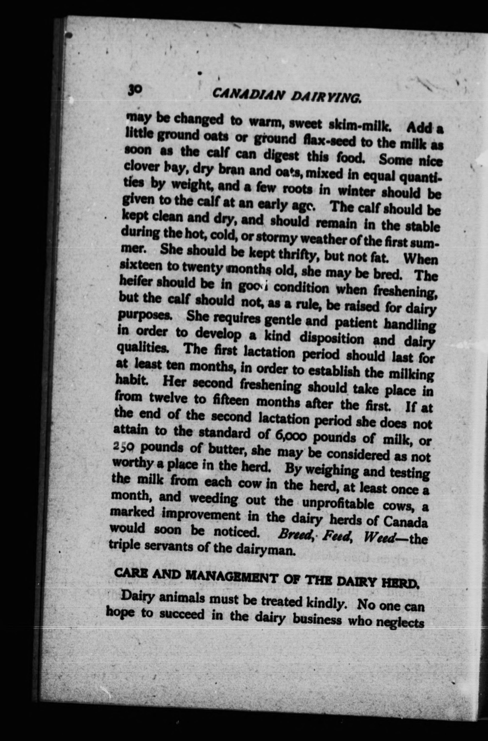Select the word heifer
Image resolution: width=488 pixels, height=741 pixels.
coord(136,282)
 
